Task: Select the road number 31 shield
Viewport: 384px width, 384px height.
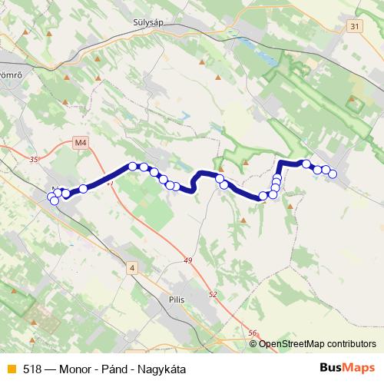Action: point(353,27)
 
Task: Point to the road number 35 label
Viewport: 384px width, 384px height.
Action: point(32,159)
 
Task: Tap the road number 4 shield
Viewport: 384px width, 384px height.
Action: point(131,267)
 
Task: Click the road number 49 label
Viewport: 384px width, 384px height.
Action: point(187,261)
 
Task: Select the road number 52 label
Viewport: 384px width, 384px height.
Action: point(213,294)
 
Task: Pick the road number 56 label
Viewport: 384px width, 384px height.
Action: point(253,333)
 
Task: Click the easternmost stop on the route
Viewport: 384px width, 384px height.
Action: point(333,174)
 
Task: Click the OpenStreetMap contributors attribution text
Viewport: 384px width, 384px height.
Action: point(317,344)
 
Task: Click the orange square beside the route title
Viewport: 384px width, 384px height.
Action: point(11,369)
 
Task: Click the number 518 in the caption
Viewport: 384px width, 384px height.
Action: point(32,369)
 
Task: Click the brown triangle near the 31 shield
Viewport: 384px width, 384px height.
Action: point(354,99)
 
